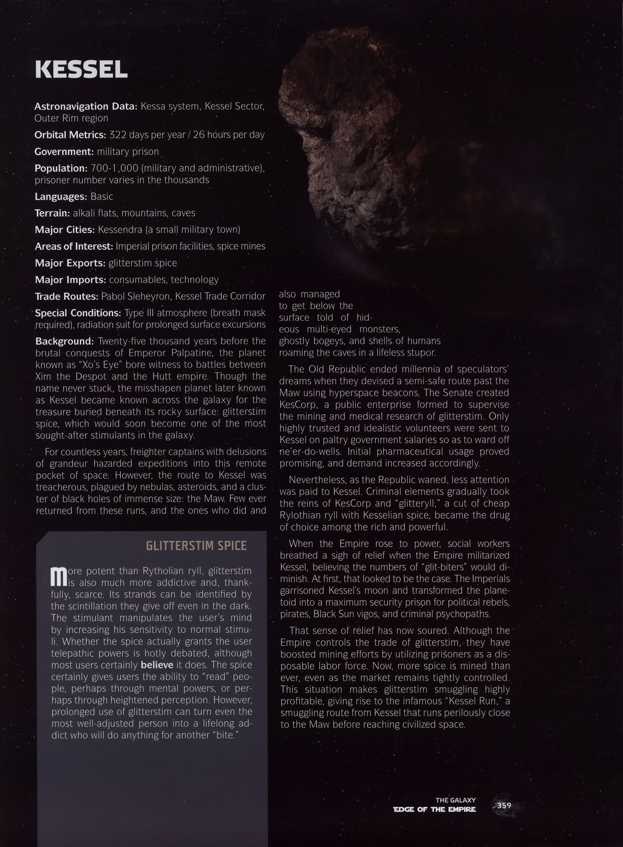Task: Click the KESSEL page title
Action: pos(81,70)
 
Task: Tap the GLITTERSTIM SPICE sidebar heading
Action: pos(196,546)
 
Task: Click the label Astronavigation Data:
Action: pos(85,106)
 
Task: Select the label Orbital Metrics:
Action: pos(70,135)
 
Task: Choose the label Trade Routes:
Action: pos(67,296)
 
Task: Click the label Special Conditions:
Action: pos(78,313)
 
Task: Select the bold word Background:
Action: pos(65,341)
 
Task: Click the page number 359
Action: pos(504,805)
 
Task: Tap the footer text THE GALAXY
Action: pos(455,800)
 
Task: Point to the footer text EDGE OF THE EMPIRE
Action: pos(434,809)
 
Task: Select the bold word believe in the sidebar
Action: pos(157,665)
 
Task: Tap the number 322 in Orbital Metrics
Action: pos(117,135)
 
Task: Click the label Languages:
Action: pos(61,196)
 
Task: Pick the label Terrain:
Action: pos(52,213)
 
